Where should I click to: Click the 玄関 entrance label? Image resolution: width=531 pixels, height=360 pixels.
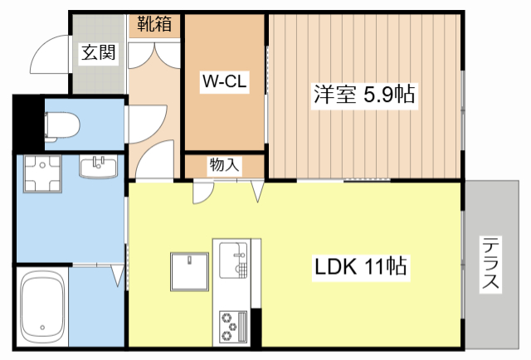[98, 54]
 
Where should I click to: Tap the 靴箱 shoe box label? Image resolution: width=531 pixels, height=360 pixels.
[154, 24]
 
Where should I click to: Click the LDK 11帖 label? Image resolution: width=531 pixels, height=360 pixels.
[359, 267]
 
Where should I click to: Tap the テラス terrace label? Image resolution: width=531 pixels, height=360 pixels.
[491, 264]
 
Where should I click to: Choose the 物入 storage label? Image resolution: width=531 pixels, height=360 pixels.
[224, 165]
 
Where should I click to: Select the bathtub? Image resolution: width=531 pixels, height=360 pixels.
[41, 307]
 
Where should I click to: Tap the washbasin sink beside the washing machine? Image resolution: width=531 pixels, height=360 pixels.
[100, 168]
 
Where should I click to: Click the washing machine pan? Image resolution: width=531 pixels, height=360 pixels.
[42, 174]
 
